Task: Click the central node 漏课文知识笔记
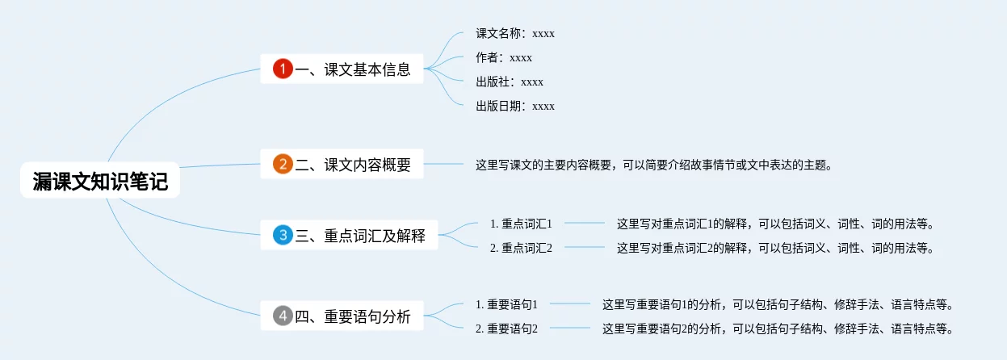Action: [100, 182]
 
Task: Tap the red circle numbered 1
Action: [283, 69]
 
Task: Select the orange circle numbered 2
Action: [283, 165]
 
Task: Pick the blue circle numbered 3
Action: [283, 236]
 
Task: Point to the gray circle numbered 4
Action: [283, 316]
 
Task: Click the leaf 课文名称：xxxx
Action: [515, 34]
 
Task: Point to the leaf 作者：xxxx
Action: [504, 58]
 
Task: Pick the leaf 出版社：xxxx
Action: [510, 82]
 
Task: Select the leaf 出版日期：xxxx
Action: [515, 107]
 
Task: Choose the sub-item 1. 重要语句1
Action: [506, 304]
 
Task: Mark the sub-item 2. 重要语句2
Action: [506, 329]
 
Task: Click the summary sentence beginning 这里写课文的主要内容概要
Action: [653, 165]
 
